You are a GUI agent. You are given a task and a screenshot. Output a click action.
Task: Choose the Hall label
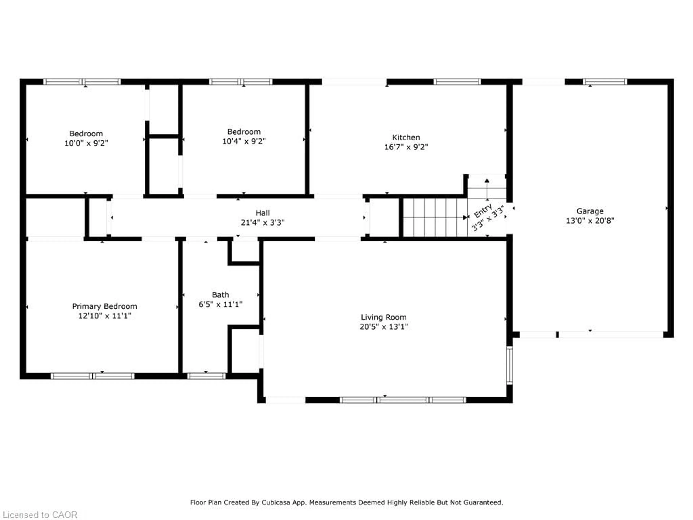263,213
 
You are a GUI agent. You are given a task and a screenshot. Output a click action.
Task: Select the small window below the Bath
206,376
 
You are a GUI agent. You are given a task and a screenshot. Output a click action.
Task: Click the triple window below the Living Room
403,400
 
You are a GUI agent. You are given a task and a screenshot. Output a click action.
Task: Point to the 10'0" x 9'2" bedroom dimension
86,143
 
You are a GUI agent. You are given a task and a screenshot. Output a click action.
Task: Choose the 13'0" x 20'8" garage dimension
590,221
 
